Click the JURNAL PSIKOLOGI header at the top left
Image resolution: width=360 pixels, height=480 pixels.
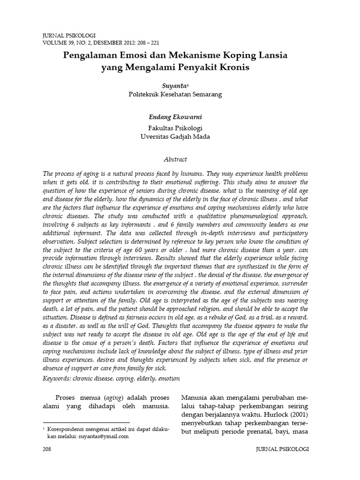tap(68, 35)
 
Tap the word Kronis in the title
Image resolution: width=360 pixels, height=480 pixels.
tap(229, 67)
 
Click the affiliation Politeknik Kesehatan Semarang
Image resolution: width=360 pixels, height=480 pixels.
tap(175, 94)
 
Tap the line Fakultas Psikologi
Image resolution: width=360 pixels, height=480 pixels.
tap(175, 128)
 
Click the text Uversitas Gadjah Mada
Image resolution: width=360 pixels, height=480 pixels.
tap(175, 136)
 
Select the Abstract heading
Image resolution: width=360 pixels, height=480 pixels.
tap(175, 159)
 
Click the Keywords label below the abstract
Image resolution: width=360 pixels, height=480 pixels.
tap(56, 378)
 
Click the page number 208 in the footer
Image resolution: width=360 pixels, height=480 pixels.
tap(47, 450)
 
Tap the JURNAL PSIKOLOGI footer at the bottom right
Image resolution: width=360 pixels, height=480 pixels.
tap(282, 450)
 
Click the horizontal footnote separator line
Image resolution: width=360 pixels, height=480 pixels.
tap(86, 422)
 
